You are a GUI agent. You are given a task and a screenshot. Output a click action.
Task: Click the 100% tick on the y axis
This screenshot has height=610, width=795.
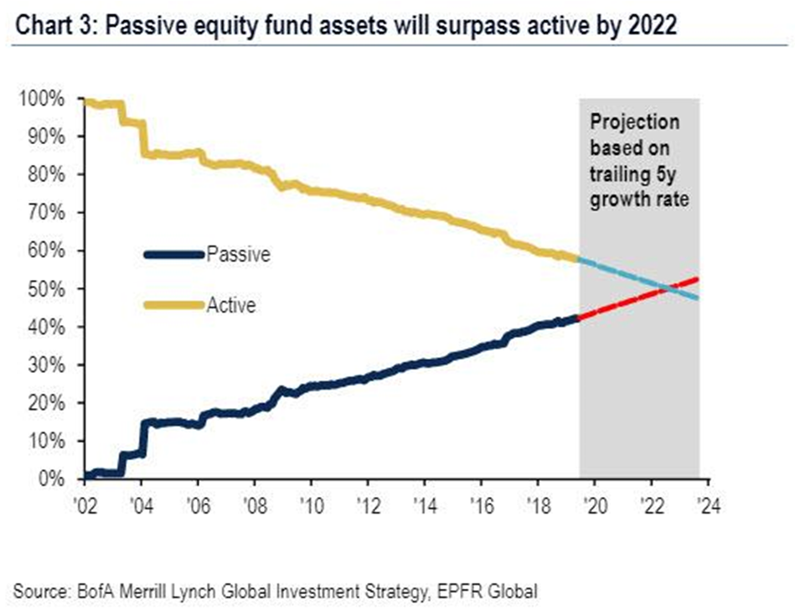tap(42, 99)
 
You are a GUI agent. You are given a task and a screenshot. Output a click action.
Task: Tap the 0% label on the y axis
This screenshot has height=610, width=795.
tap(51, 479)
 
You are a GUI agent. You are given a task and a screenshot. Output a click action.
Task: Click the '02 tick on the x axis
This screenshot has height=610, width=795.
tap(85, 505)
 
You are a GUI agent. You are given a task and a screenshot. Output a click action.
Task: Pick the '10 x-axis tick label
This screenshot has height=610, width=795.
tap(312, 505)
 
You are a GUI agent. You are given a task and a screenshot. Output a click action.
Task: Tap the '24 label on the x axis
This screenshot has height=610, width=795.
tap(709, 505)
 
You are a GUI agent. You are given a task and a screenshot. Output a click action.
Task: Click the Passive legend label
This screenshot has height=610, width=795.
tap(238, 254)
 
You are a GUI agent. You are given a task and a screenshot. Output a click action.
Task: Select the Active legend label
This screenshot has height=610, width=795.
tap(230, 305)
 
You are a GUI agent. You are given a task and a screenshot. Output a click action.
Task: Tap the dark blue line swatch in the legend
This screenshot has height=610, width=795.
tap(174, 255)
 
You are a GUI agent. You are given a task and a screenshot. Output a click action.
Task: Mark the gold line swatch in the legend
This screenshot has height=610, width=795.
tap(174, 305)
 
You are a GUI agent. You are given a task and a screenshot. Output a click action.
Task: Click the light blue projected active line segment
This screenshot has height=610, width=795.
tap(639, 278)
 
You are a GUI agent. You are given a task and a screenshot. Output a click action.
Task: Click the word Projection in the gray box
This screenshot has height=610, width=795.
tap(635, 122)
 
